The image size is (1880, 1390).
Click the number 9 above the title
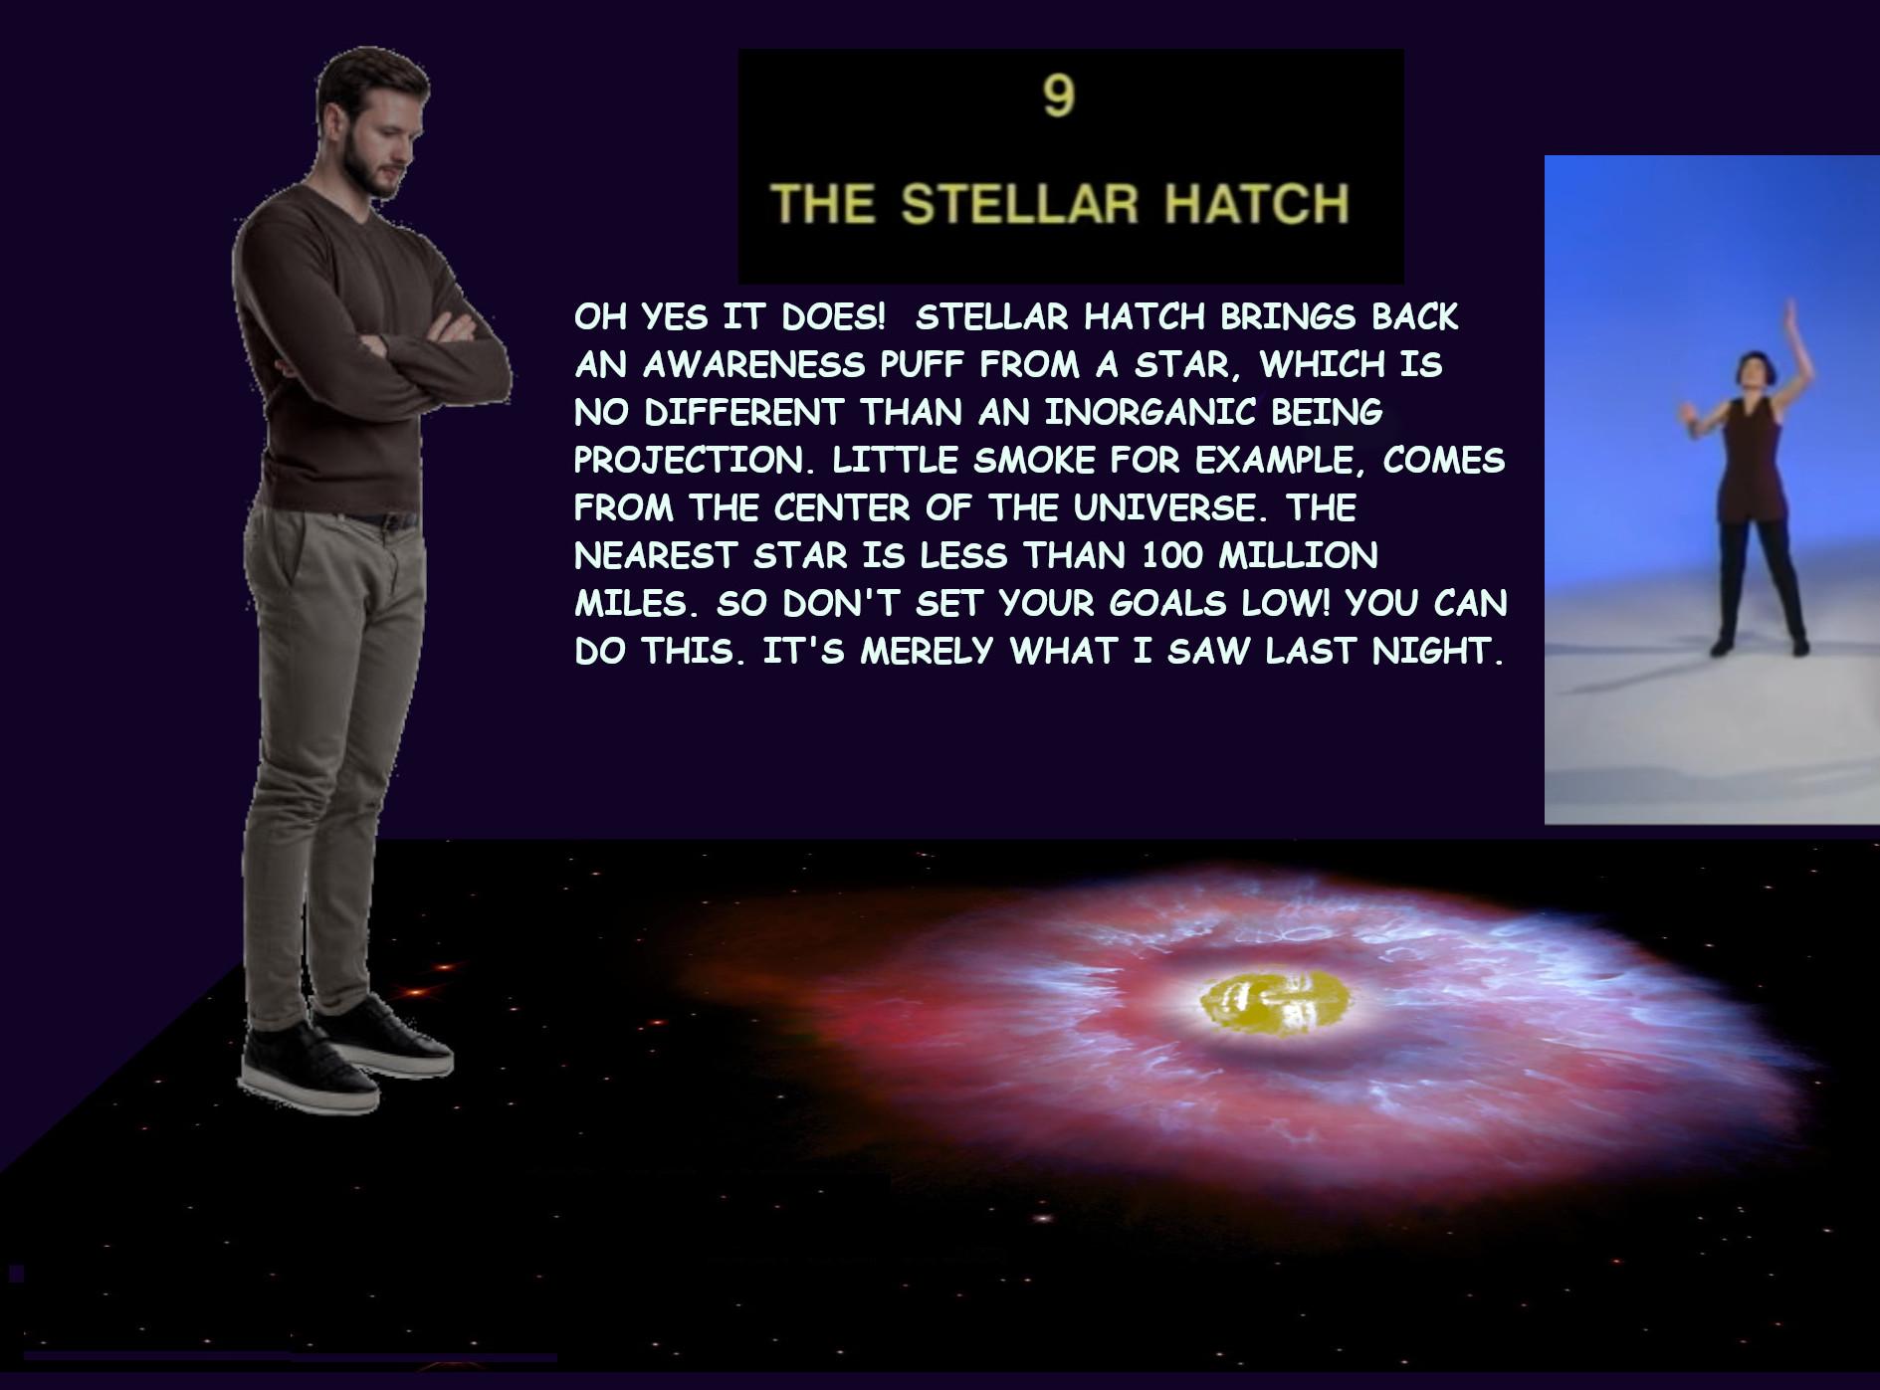(x=1059, y=98)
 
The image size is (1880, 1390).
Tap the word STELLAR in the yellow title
(x=1019, y=204)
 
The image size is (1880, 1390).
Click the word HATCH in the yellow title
(x=1257, y=204)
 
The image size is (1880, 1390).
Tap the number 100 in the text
(x=1173, y=555)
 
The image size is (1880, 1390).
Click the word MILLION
(x=1298, y=555)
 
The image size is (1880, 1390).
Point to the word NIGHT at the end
(x=1436, y=651)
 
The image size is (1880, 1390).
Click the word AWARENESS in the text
(x=754, y=365)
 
